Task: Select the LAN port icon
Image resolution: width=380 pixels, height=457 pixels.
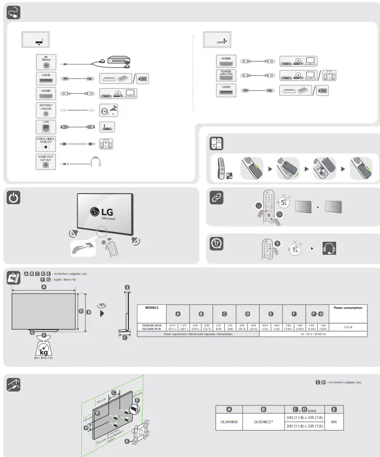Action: click(x=46, y=129)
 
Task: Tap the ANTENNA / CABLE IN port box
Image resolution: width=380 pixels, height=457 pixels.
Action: click(x=46, y=110)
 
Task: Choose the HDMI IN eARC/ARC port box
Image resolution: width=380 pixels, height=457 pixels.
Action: click(x=226, y=76)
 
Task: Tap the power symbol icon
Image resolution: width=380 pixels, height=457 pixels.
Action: click(x=14, y=198)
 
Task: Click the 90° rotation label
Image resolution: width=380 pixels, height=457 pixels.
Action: click(x=101, y=305)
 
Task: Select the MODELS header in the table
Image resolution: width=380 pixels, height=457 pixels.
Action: click(x=152, y=307)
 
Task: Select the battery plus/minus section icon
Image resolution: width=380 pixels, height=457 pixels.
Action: click(x=216, y=144)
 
